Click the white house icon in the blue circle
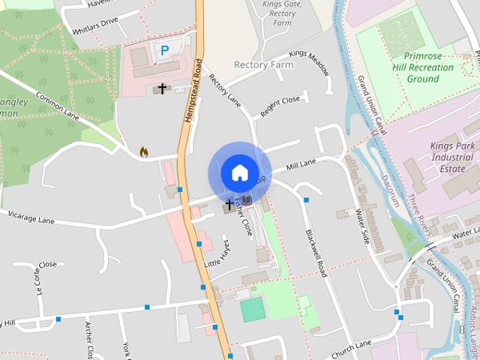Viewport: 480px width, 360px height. coord(239,173)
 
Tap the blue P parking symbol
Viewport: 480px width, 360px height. coord(164,50)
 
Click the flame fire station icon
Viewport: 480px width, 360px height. coord(143,151)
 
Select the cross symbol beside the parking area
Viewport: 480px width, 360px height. coord(161,88)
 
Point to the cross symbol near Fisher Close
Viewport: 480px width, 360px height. coord(229,205)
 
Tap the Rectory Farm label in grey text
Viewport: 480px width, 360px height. coord(262,64)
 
